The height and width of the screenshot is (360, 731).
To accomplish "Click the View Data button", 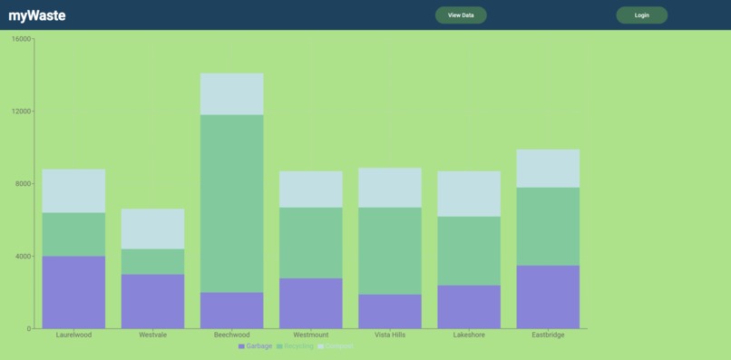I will [x=461, y=15].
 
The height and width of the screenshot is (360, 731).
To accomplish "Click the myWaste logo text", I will [x=37, y=15].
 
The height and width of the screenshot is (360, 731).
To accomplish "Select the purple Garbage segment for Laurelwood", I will [x=73, y=292].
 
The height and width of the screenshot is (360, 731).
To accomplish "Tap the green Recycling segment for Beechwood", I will [x=231, y=203].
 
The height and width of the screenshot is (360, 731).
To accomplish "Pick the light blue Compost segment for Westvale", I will [x=152, y=229].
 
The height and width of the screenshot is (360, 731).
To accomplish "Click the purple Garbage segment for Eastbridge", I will [x=548, y=297].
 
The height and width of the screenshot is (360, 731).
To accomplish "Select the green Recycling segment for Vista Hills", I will [x=390, y=250].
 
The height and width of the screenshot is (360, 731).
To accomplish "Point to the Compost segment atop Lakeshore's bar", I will [x=469, y=193].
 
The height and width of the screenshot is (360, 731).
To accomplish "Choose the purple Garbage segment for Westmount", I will [x=311, y=303].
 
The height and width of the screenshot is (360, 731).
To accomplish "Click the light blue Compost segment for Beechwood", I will [x=231, y=93].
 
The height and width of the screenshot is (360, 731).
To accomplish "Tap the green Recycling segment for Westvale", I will [x=152, y=261].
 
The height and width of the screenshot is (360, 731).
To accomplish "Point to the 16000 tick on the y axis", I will [x=21, y=39].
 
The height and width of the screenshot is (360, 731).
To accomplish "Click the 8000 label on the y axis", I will [x=23, y=184].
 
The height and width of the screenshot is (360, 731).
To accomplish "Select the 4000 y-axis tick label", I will [x=23, y=257].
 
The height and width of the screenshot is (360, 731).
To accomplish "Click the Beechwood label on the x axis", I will [x=231, y=336].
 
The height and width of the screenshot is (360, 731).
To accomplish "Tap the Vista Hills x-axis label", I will [x=390, y=336].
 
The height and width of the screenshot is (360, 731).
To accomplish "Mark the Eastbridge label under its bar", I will [x=548, y=336].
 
